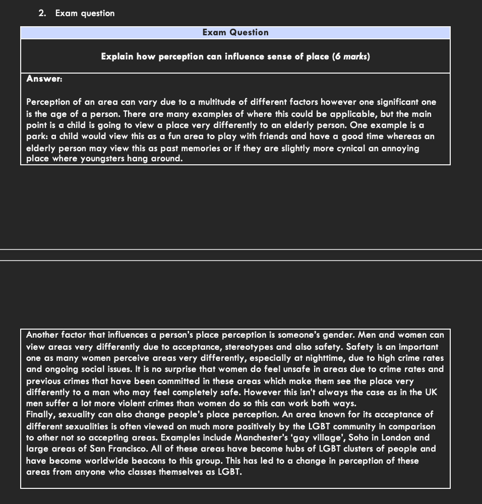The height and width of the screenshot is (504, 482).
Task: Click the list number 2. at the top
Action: point(42,14)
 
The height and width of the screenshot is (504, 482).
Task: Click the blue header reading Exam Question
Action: point(235,33)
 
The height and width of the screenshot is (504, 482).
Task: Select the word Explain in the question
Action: point(117,56)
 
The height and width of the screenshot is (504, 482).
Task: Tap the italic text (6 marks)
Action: point(351,56)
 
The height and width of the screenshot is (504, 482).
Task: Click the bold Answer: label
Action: point(44,79)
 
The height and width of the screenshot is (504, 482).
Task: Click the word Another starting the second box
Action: point(43,335)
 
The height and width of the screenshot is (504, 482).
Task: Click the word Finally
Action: point(41,415)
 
